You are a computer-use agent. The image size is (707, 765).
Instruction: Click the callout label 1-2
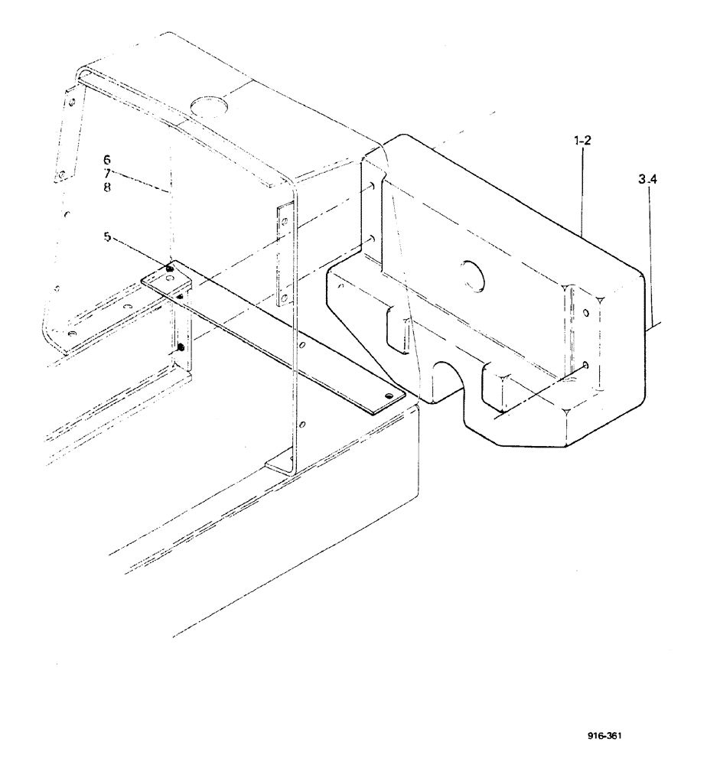(581, 142)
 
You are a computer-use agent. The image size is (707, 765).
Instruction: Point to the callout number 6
(107, 160)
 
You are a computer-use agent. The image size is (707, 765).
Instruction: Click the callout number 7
(107, 174)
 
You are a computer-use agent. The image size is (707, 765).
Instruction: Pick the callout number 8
(107, 187)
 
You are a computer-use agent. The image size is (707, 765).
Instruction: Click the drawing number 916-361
(604, 737)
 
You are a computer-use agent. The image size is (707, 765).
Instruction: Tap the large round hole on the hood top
(205, 104)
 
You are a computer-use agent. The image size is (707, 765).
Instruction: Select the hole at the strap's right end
(390, 396)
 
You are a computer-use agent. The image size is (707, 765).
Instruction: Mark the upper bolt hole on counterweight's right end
(585, 313)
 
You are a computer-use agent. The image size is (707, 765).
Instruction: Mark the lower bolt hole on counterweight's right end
(585, 366)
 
